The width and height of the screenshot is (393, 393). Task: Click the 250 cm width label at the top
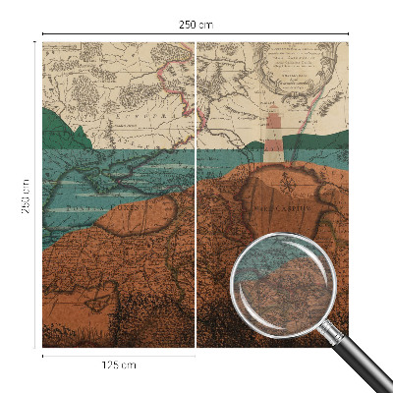tap(197, 24)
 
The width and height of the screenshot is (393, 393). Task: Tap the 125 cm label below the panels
tap(118, 365)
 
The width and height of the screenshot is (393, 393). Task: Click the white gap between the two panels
tap(196, 196)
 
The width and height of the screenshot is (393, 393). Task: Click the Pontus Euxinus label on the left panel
tap(108, 208)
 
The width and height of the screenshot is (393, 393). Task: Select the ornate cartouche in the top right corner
tap(295, 69)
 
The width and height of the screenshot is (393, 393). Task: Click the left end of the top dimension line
tap(43, 34)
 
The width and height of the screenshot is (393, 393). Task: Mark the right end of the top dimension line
tap(349, 34)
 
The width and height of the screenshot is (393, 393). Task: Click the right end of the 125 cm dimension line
tap(195, 355)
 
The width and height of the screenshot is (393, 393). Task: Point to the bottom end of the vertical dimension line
tap(36, 347)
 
